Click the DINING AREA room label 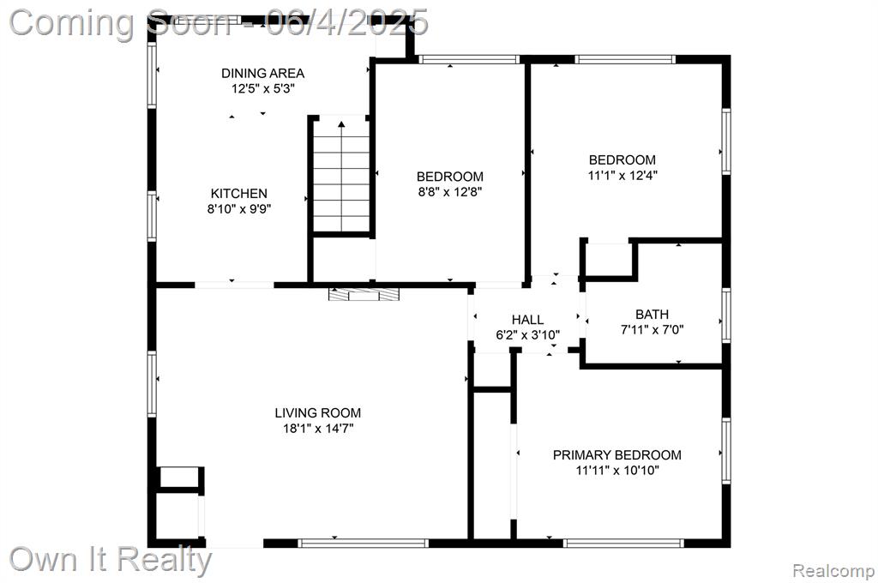tap(262, 73)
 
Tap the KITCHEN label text tap(239, 193)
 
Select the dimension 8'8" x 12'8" tap(449, 191)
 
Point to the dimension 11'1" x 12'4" tap(622, 175)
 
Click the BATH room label tap(652, 314)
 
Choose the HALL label tap(527, 320)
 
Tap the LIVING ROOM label tap(317, 412)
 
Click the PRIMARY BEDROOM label tap(617, 454)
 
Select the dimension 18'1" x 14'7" tap(318, 429)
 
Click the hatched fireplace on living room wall tap(364, 295)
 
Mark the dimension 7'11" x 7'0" tap(652, 329)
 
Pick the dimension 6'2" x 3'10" tap(527, 335)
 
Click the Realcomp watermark tap(833, 571)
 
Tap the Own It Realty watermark tap(111, 560)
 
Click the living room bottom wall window tap(363, 543)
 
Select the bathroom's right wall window tap(725, 316)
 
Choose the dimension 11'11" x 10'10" tap(617, 470)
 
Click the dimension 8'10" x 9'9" tap(239, 209)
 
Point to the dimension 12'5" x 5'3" tap(262, 88)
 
